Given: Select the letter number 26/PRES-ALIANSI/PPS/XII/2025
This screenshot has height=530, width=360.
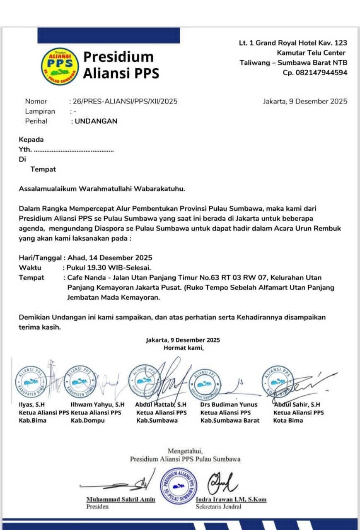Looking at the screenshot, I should click(125, 101).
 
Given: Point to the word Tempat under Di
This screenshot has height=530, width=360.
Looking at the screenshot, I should click(43, 169).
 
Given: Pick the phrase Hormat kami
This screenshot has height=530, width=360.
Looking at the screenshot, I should click(184, 348).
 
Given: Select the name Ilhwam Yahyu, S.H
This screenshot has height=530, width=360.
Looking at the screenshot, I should click(97, 405).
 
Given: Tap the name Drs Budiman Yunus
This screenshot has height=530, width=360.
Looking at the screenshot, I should click(229, 405).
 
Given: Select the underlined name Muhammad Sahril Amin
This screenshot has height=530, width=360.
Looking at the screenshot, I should click(121, 499).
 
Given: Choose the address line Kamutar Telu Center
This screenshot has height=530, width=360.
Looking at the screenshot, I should click(311, 53).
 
